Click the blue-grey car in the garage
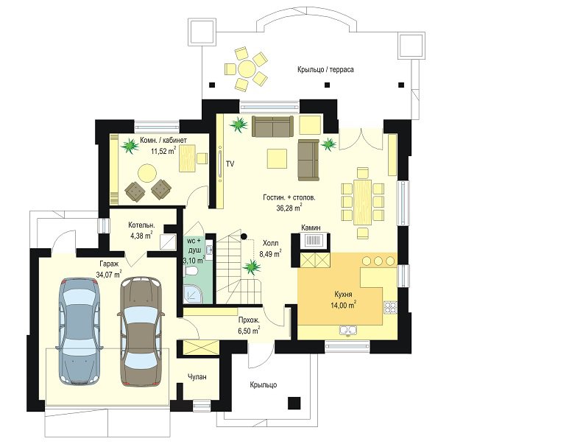pyautogui.click(x=79, y=331)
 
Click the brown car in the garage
pyautogui.click(x=141, y=331)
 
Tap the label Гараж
pyautogui.click(x=108, y=264)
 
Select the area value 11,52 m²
pyautogui.click(x=163, y=150)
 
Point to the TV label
pyautogui.click(x=230, y=164)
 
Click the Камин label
pyautogui.click(x=311, y=228)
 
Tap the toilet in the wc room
pyautogui.click(x=191, y=271)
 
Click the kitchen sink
pyautogui.click(x=348, y=330)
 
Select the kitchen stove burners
pyautogui.click(x=390, y=307)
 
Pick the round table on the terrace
pyautogui.click(x=246, y=69)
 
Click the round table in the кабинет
pyautogui.click(x=147, y=173)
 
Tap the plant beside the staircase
pyautogui.click(x=252, y=267)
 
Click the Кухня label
pyautogui.click(x=343, y=295)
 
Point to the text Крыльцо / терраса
pyautogui.click(x=325, y=69)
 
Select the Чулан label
pyautogui.click(x=197, y=377)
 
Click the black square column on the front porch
pyautogui.click(x=294, y=403)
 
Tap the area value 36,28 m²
pyautogui.click(x=289, y=208)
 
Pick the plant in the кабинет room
pyautogui.click(x=130, y=147)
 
